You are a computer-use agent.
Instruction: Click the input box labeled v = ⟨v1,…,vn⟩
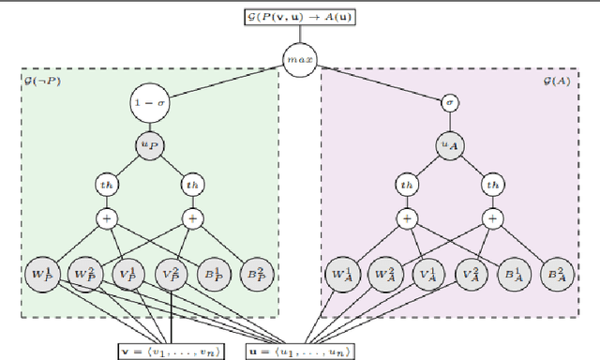[x=172, y=350]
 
